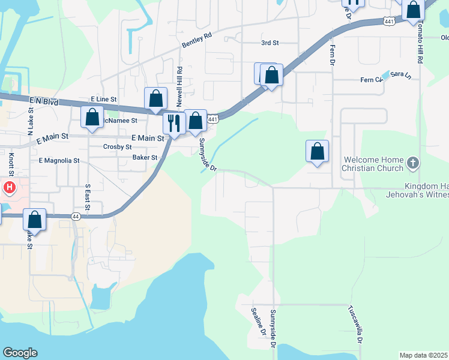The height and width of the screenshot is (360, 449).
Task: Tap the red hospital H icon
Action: click(x=10, y=188)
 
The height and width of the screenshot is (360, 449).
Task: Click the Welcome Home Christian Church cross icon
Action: click(x=412, y=163)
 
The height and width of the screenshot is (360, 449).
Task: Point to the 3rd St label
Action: click(x=270, y=43)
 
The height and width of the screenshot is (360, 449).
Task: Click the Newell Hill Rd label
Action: click(x=179, y=84)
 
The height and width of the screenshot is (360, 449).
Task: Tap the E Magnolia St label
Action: click(x=59, y=161)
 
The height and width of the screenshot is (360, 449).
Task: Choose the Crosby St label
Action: click(x=118, y=146)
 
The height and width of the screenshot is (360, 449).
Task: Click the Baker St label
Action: click(x=145, y=158)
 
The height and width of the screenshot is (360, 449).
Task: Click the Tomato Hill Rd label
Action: click(x=420, y=42)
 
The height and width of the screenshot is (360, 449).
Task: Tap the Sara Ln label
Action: click(x=400, y=75)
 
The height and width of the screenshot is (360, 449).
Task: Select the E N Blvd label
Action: click(x=41, y=102)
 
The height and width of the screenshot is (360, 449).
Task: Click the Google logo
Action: click(x=20, y=353)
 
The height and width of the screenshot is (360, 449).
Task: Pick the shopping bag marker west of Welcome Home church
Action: click(x=317, y=151)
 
